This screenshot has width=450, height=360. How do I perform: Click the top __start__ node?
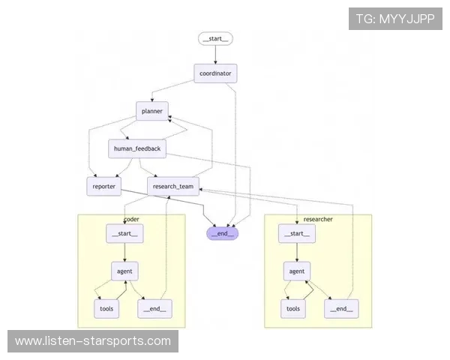coord(216,39)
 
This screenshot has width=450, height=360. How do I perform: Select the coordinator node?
coord(216,73)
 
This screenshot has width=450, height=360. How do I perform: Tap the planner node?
coord(152,111)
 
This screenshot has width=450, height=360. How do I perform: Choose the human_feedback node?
coord(136,148)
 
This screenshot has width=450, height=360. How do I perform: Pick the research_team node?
coord(173,186)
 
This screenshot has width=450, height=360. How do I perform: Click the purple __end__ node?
coord(222,233)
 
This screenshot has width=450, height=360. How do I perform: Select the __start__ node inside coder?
coord(124,234)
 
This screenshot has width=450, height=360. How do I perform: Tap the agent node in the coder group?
coord(124,271)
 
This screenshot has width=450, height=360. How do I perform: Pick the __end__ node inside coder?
coord(154,307)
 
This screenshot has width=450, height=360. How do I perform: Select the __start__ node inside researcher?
coord(296,234)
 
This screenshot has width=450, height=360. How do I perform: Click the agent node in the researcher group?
coord(297,271)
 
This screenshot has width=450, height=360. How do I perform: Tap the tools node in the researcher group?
coord(293,307)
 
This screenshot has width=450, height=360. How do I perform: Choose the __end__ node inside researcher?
coord(340,307)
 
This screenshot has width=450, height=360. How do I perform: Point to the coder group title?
coord(131,219)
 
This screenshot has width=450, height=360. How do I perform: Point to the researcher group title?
coord(318,219)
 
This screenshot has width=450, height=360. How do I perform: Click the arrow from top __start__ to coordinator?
coord(216,55)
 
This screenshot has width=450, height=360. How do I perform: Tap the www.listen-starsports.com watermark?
coord(93,341)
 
